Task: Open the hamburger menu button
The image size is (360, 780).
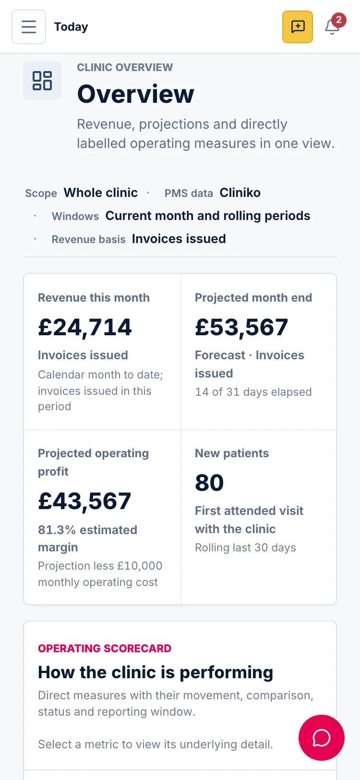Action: (29, 27)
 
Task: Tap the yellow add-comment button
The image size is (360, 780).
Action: (297, 27)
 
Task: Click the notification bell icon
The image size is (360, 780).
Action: (332, 27)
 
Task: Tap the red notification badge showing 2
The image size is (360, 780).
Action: (338, 20)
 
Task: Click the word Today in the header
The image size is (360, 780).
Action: (71, 27)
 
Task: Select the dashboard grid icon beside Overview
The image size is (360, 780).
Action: (42, 81)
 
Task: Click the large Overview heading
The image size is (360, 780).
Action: (135, 94)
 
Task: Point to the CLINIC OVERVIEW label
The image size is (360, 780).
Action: (125, 67)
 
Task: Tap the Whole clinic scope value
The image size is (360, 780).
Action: (101, 193)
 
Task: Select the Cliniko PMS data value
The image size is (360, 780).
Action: (240, 193)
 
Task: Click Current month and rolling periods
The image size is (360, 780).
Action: (207, 216)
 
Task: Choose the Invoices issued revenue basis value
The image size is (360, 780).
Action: (179, 239)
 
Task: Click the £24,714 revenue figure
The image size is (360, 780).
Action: (85, 328)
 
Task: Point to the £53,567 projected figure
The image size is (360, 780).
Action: (241, 328)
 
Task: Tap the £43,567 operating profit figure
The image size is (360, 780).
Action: (84, 501)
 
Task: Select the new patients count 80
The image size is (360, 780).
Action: (209, 483)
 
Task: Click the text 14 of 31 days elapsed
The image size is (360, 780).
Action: (253, 392)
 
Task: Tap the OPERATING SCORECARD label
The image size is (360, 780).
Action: (105, 648)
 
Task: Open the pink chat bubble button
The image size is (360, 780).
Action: (321, 738)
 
